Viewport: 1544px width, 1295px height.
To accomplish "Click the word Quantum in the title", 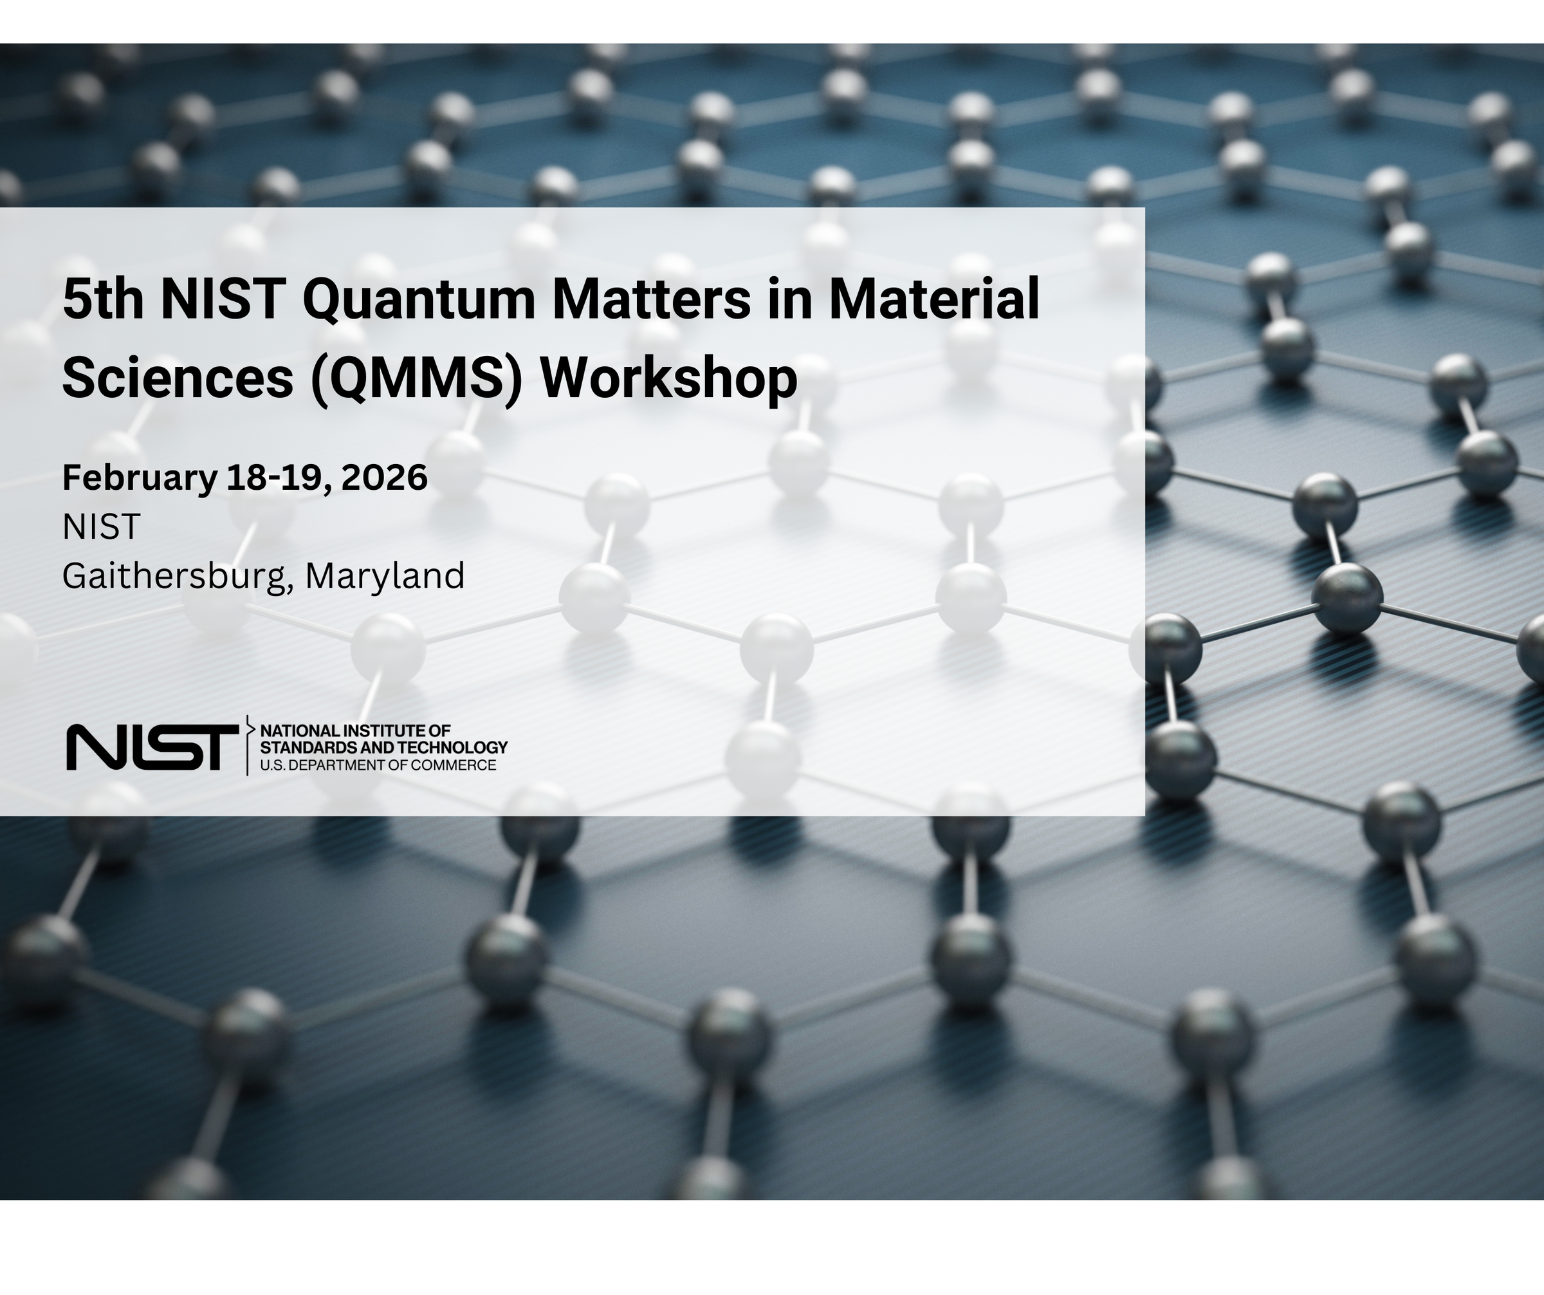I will point(418,300).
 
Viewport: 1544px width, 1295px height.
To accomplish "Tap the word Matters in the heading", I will point(650,299).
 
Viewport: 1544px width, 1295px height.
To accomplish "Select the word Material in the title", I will point(933,299).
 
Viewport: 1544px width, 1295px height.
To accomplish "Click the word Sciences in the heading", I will point(177,378).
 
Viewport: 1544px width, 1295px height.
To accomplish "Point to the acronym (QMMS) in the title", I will point(416,378).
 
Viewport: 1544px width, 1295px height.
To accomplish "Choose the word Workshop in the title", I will point(668,378).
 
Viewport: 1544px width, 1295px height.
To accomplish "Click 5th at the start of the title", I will point(102,299).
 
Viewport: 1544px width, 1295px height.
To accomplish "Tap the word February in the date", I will point(140,478).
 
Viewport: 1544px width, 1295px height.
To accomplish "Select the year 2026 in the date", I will point(384,478).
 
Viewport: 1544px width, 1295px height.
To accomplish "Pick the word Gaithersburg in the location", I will point(174,576).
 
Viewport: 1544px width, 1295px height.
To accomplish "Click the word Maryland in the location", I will point(385,576).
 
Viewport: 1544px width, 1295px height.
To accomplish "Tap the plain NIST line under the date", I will point(101,526).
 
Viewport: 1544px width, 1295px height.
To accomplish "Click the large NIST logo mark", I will point(152,747).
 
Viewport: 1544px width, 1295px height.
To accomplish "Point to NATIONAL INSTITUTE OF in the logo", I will point(355,731).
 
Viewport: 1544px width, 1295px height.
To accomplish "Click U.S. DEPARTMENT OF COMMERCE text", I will point(378,765).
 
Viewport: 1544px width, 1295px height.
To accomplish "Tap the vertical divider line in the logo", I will point(247,746).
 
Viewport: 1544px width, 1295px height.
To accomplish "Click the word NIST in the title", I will point(223,299).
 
